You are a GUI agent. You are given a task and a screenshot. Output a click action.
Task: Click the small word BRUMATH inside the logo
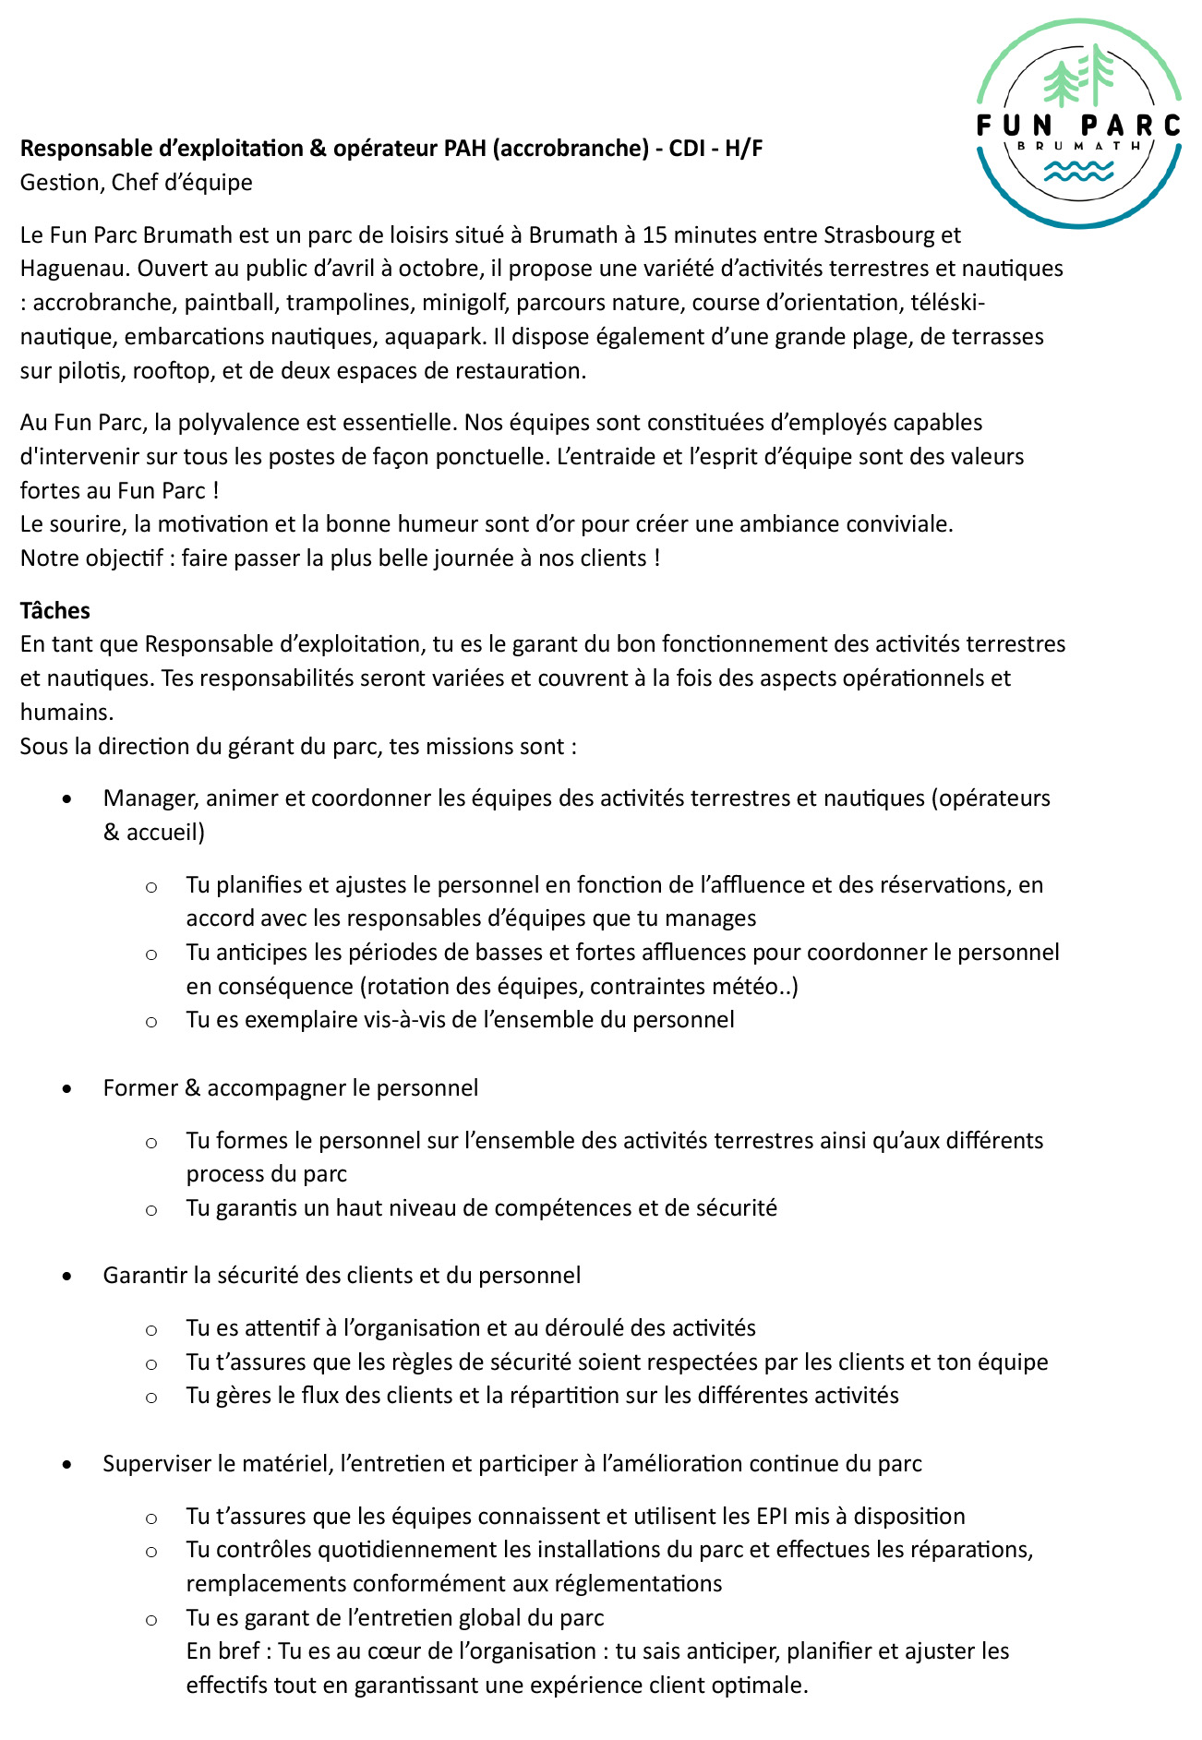click(x=1078, y=146)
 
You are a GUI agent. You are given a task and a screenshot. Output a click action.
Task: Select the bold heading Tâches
click(x=55, y=610)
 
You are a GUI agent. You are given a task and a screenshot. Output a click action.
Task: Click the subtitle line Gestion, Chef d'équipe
click(x=137, y=182)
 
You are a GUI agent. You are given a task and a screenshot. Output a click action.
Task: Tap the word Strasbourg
click(x=881, y=234)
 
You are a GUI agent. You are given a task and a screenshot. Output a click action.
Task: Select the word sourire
click(x=91, y=524)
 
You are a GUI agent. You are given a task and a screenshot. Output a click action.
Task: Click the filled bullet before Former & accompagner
click(x=66, y=1089)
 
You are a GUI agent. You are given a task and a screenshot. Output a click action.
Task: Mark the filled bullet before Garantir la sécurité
click(x=66, y=1277)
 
